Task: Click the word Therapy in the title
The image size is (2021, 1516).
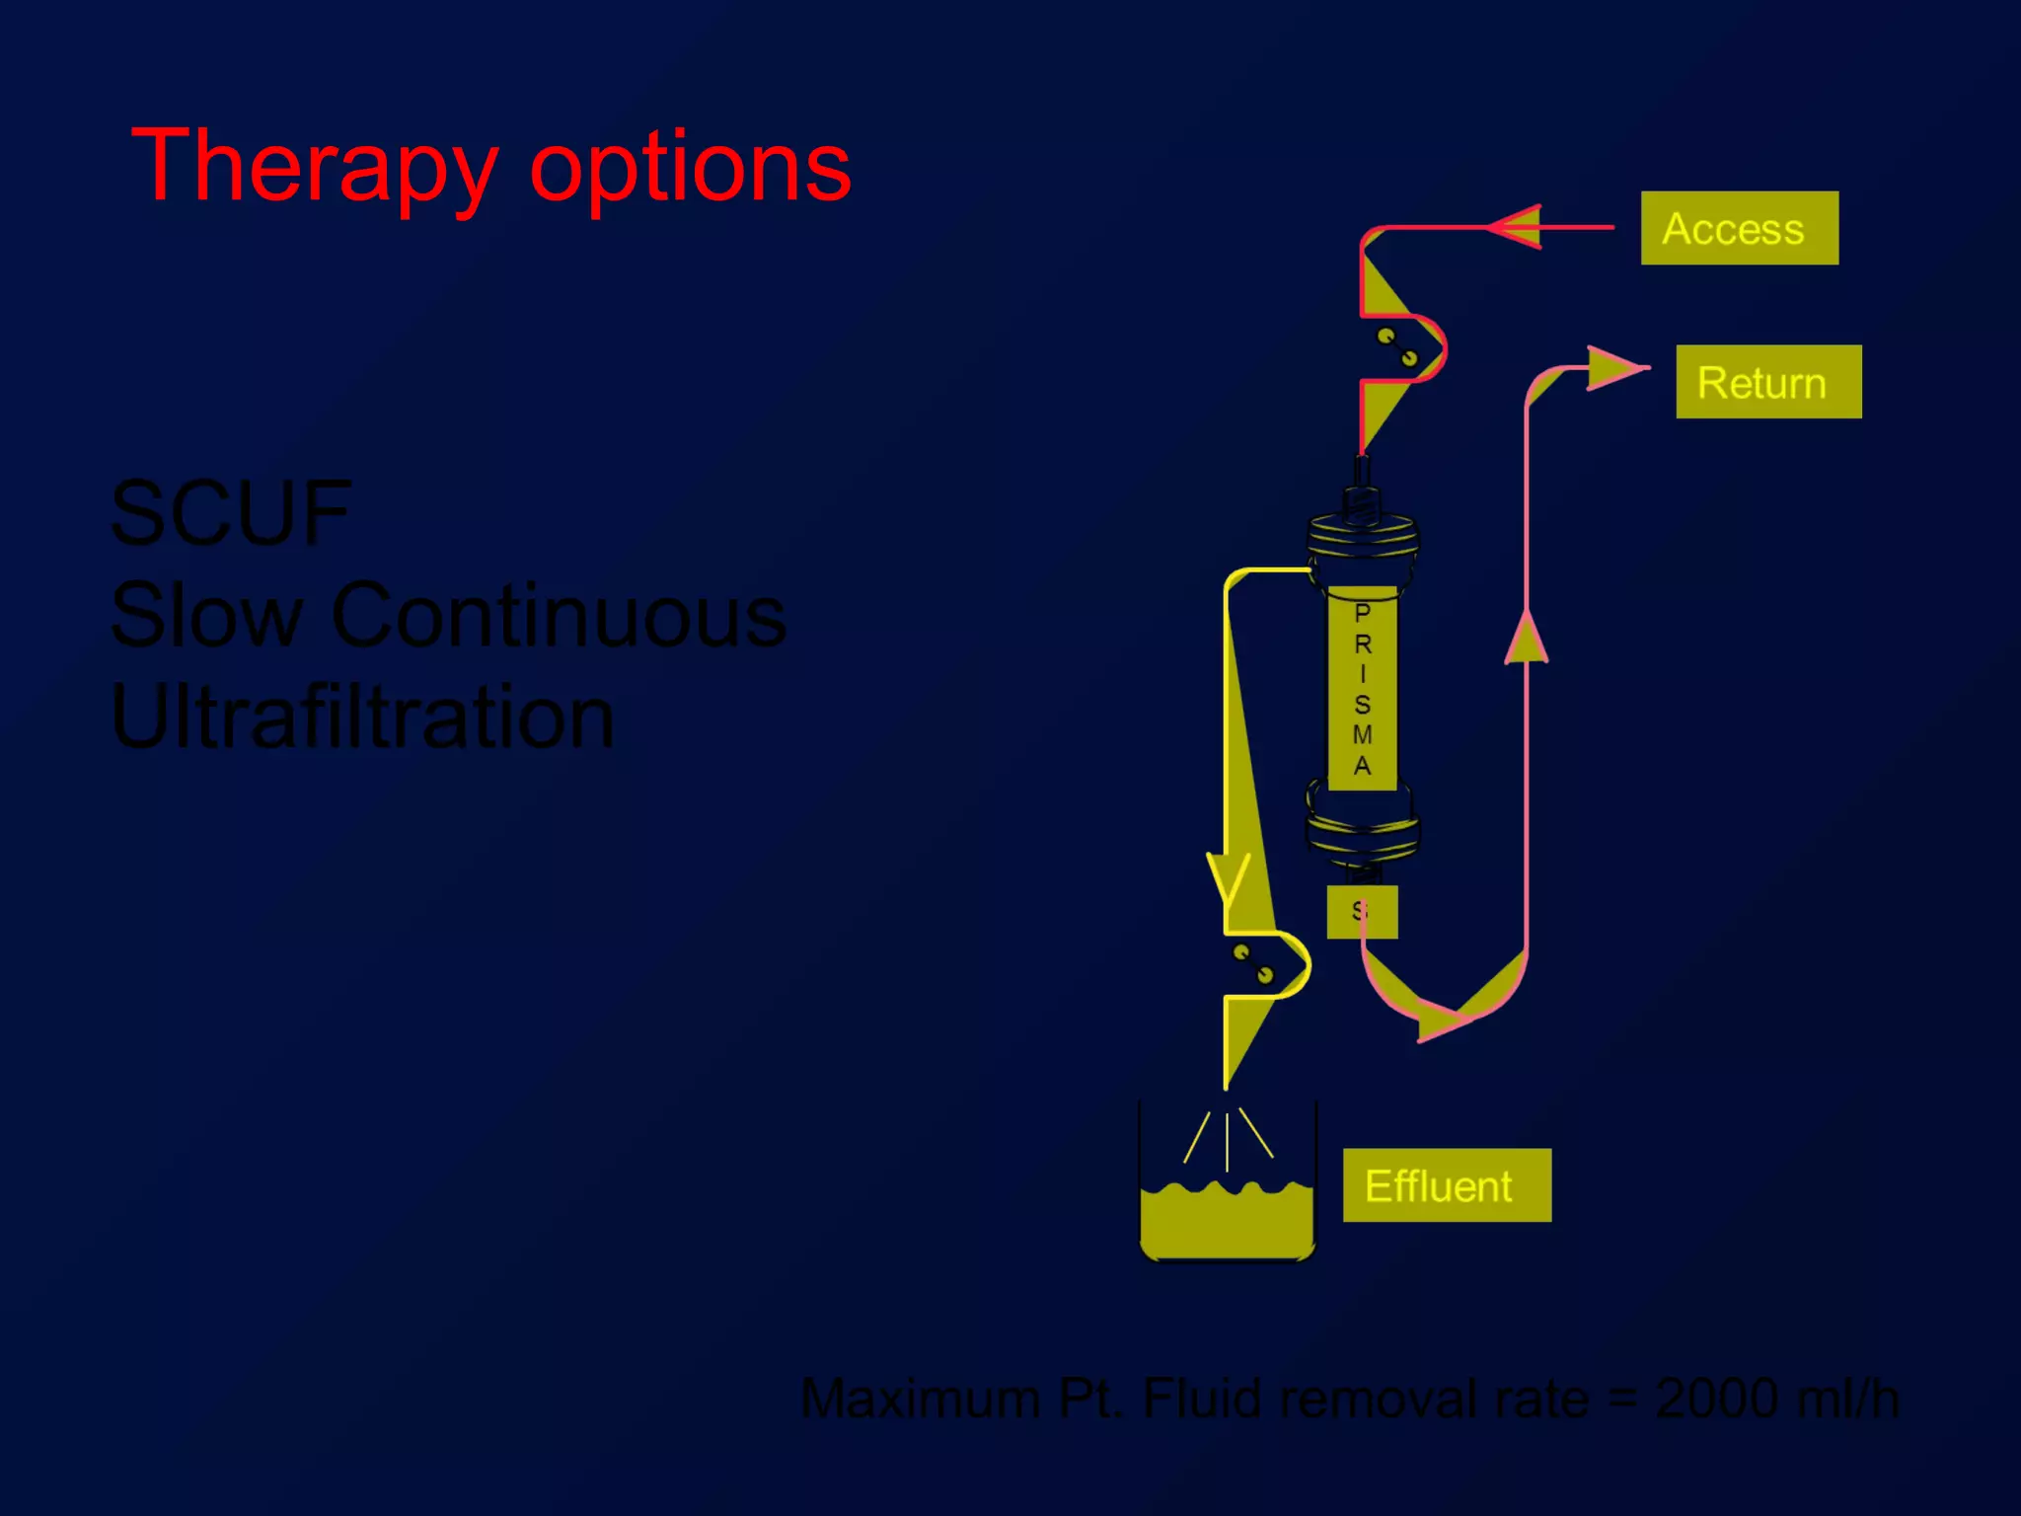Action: tap(314, 168)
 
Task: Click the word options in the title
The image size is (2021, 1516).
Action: tap(690, 168)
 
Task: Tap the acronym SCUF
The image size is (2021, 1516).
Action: tap(231, 513)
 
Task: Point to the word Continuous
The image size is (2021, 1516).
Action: tap(559, 616)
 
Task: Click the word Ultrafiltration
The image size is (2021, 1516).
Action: tap(362, 718)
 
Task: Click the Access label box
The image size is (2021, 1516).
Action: tap(1739, 228)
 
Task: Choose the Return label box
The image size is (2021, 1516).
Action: tap(1768, 382)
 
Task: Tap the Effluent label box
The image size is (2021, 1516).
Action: tap(1447, 1185)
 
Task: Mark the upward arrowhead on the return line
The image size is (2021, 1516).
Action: tap(1527, 638)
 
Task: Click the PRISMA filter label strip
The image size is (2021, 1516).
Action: tap(1362, 689)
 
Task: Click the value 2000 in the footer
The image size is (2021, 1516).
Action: tap(1717, 1399)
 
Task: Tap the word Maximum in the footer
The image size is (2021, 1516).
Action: tap(921, 1399)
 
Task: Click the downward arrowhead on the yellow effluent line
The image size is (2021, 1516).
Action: tap(1229, 879)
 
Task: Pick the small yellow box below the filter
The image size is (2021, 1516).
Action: tap(1362, 911)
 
